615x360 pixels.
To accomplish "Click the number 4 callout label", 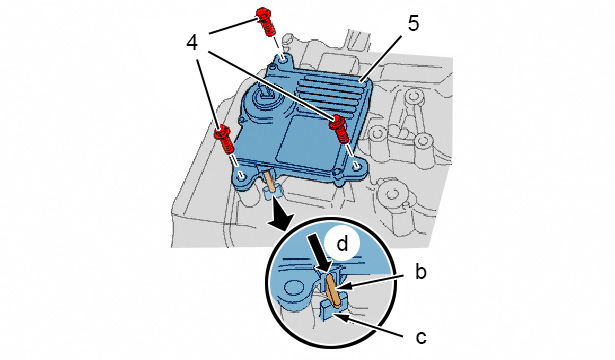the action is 192,43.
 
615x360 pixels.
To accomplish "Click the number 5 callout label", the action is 413,24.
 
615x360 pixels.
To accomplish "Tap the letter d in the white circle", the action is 342,244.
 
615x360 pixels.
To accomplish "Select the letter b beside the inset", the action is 420,272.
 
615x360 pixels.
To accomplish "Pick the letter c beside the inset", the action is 421,337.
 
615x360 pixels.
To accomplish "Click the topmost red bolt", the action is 266,22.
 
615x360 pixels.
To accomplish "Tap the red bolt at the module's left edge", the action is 224,140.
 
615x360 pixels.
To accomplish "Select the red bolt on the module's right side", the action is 339,129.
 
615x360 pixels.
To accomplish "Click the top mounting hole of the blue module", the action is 283,60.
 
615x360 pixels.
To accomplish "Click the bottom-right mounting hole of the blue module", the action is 358,166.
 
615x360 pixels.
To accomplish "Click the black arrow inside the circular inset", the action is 320,252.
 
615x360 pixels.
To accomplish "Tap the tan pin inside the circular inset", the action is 333,289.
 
